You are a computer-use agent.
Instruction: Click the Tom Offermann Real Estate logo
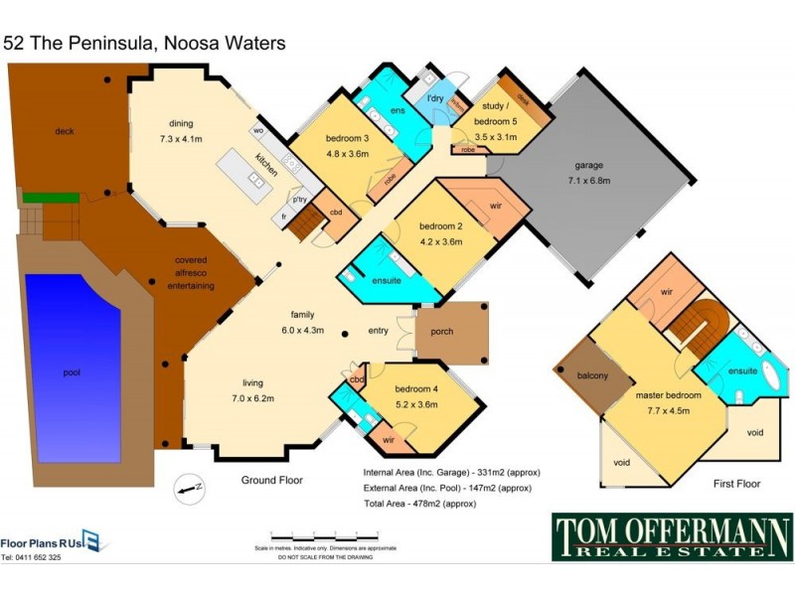click(x=672, y=537)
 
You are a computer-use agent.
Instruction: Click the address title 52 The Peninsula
click(x=144, y=43)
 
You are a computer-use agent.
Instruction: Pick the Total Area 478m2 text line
click(x=434, y=504)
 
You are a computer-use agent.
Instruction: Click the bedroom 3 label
click(x=348, y=146)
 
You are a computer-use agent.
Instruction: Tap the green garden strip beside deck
click(x=38, y=198)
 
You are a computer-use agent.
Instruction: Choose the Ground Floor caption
click(x=272, y=480)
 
